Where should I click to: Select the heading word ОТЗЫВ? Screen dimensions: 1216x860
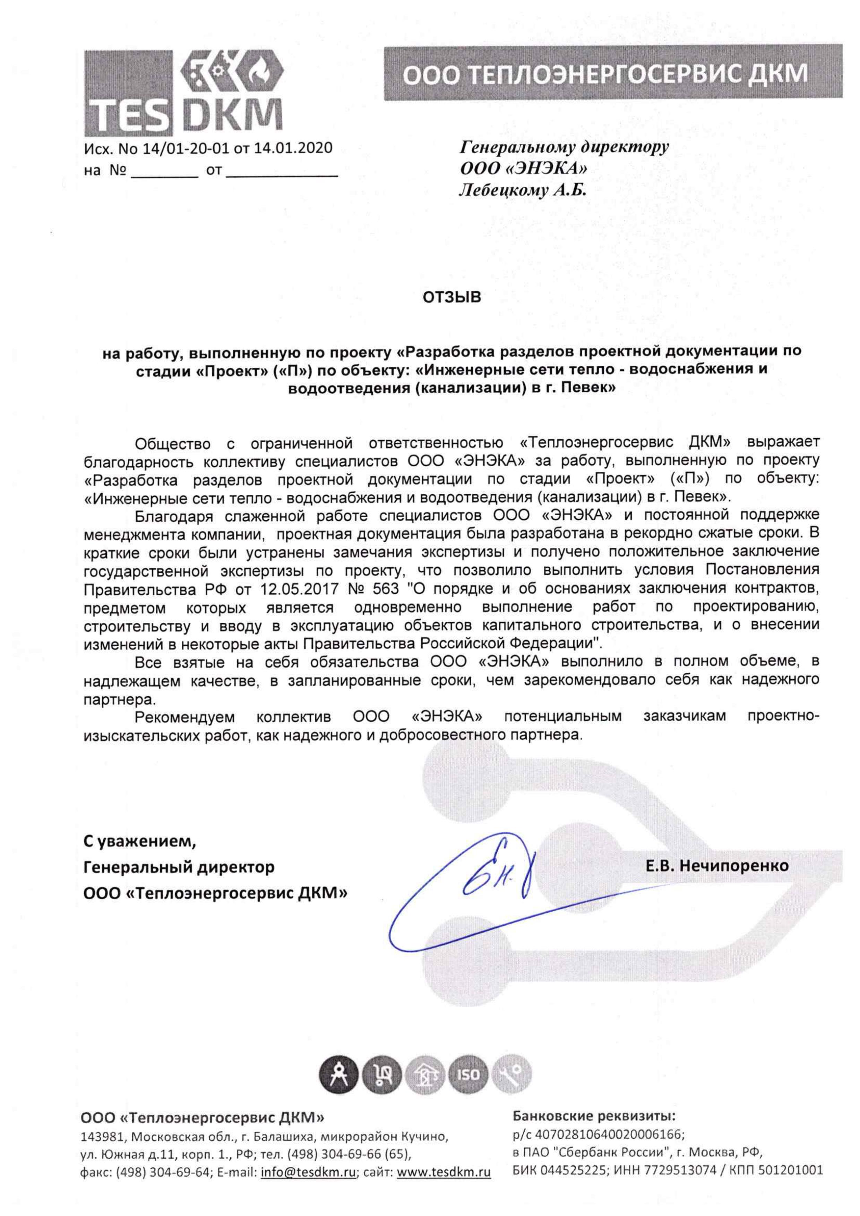(x=452, y=297)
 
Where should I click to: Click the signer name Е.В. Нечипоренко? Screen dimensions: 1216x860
(x=717, y=866)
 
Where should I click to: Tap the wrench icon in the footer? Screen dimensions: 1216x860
(x=511, y=1074)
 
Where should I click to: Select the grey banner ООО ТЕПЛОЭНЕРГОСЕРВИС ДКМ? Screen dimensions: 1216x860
(x=613, y=73)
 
